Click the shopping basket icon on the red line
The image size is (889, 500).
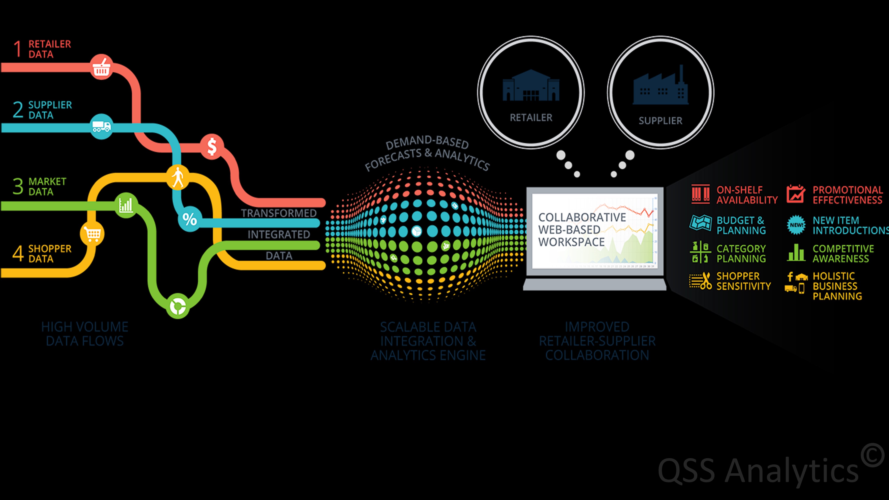(102, 67)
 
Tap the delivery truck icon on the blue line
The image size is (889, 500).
(102, 127)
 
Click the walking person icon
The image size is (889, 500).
(178, 177)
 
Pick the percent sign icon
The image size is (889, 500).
(189, 219)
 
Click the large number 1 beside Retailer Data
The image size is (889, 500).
(18, 49)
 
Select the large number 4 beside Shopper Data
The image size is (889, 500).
(18, 254)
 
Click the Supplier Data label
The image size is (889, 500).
(50, 110)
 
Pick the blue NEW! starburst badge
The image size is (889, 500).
(796, 225)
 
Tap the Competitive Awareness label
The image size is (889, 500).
(843, 254)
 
